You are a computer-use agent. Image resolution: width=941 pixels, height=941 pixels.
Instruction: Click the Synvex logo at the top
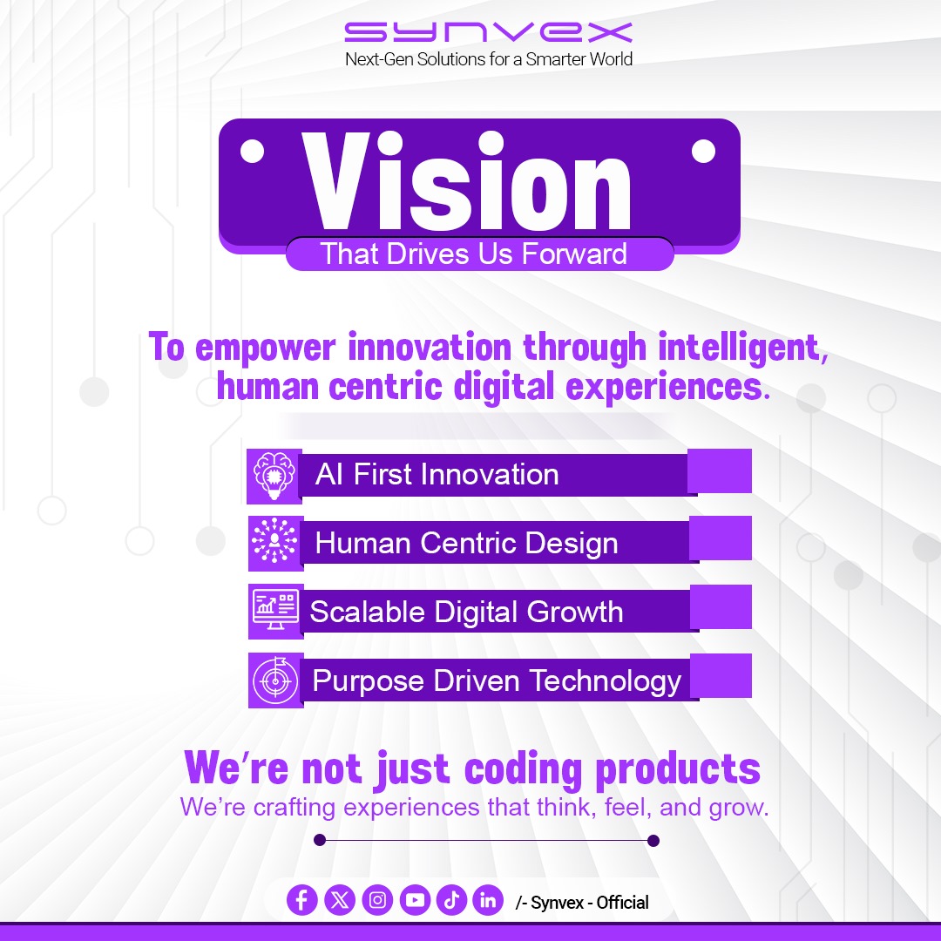(x=488, y=33)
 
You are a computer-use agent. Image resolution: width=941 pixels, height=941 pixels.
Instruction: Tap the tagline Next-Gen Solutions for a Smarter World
(x=488, y=59)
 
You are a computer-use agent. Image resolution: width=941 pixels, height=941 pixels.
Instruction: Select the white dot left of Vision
(x=252, y=152)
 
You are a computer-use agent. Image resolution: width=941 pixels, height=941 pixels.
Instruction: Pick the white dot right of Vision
(x=703, y=152)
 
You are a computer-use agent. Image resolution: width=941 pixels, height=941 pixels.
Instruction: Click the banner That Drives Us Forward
(x=474, y=254)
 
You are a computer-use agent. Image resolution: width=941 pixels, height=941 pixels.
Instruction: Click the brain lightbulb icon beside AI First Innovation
(x=274, y=476)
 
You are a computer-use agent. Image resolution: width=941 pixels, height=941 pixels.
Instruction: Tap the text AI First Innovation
(x=437, y=475)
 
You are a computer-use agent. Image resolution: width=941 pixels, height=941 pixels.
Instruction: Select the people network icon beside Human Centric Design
(x=274, y=543)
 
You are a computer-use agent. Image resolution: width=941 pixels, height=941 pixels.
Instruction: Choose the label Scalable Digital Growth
(x=467, y=612)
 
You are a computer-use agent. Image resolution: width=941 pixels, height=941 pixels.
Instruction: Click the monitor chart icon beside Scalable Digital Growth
(x=275, y=611)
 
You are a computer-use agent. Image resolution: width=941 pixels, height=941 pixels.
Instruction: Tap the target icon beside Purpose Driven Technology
(x=275, y=680)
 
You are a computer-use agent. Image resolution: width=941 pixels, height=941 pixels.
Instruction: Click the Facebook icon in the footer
(x=301, y=901)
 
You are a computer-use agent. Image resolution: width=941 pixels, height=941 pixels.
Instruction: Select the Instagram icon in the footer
(x=377, y=901)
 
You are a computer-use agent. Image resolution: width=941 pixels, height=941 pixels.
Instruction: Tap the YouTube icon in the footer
(x=416, y=901)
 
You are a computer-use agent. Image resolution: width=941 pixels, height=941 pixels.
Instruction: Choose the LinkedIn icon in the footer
(x=488, y=901)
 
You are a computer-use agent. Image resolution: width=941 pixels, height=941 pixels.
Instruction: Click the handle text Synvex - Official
(x=588, y=903)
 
